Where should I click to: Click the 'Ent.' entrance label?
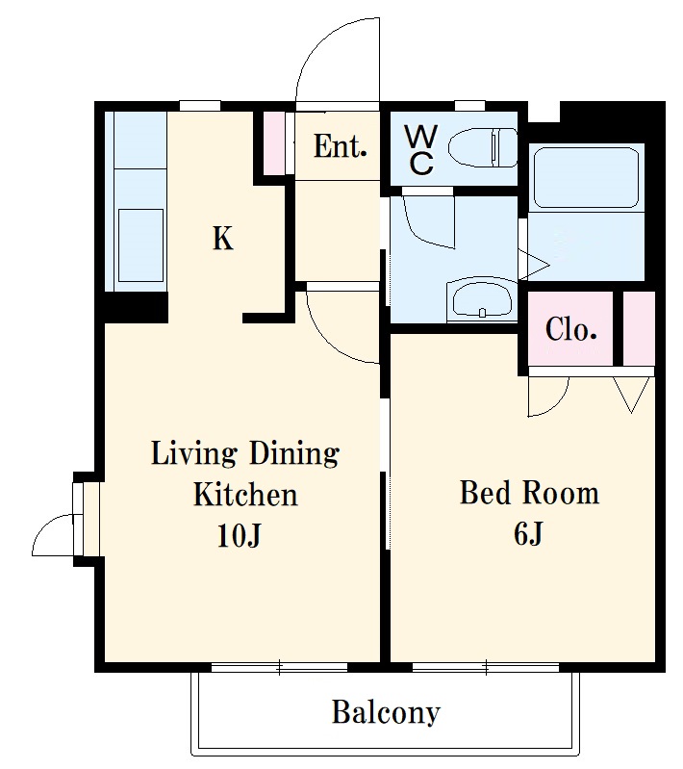(x=340, y=146)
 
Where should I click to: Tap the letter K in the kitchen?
(x=222, y=239)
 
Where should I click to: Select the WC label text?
(x=421, y=149)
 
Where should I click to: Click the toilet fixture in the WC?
(x=483, y=147)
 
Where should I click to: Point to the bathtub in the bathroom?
(x=586, y=178)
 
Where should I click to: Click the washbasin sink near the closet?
(x=483, y=298)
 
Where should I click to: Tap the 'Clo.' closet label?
(x=570, y=329)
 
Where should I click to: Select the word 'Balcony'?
(x=386, y=713)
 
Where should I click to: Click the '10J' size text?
(x=239, y=535)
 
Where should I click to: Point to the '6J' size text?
(x=528, y=533)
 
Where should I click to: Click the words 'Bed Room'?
(x=529, y=493)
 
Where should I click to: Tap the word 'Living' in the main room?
(x=194, y=453)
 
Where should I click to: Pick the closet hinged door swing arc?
(x=560, y=404)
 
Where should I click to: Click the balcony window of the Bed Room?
(x=486, y=667)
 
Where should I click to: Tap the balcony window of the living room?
(x=279, y=667)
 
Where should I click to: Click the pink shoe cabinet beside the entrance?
(x=273, y=143)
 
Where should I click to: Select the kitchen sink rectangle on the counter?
(x=140, y=245)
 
